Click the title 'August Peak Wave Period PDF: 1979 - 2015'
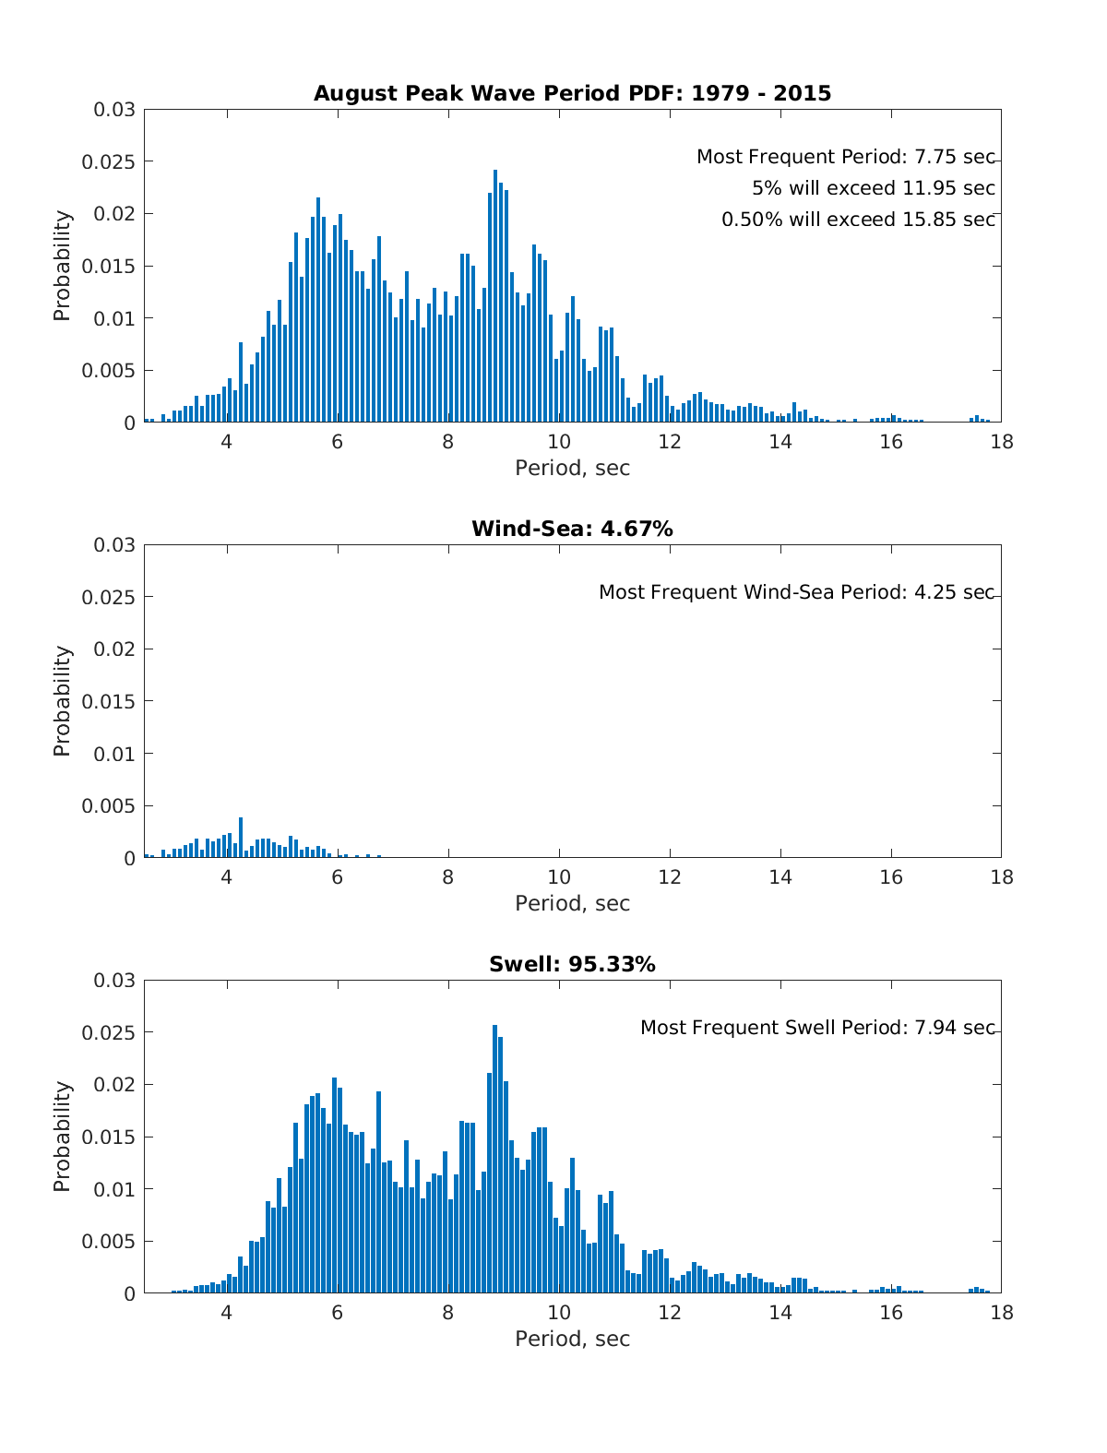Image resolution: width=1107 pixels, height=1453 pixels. click(x=572, y=93)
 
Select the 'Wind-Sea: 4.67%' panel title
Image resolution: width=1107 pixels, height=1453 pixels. click(x=572, y=529)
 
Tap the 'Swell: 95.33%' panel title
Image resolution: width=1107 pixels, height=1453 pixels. click(x=572, y=964)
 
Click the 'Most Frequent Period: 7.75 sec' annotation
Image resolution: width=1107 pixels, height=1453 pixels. click(x=845, y=157)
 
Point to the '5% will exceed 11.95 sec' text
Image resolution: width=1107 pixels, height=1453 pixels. click(x=873, y=188)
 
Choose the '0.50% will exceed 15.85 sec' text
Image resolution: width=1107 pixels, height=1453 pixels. click(x=858, y=220)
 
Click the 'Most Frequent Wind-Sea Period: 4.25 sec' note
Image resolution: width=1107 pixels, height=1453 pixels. click(x=796, y=592)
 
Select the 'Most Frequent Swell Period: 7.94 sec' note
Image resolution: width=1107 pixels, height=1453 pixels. click(x=817, y=1028)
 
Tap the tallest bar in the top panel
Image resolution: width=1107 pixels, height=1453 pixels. click(x=495, y=295)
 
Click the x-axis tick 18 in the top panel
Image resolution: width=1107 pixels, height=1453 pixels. click(x=1001, y=442)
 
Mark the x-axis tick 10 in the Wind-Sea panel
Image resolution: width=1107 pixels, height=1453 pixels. click(x=559, y=877)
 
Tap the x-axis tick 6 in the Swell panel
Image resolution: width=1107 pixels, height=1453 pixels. click(x=338, y=1313)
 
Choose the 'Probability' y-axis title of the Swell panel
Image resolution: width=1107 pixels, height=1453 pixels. click(x=62, y=1137)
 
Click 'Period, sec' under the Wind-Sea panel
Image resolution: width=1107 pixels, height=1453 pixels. click(x=572, y=903)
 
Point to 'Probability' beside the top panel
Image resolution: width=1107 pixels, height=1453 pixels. click(x=62, y=266)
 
